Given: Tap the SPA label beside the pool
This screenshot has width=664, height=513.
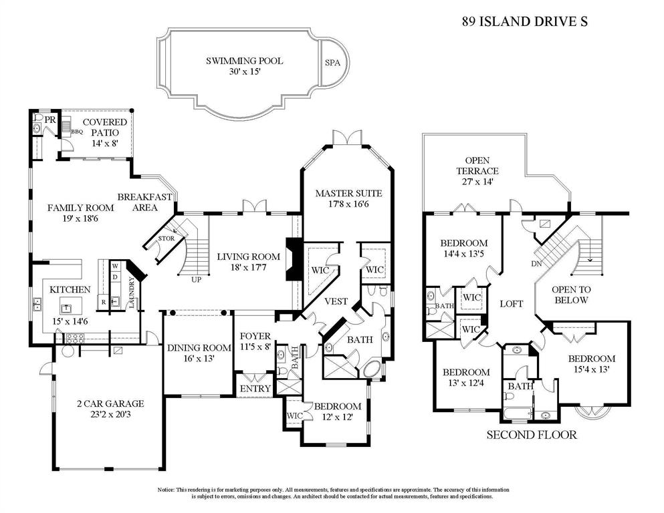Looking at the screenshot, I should (x=332, y=63).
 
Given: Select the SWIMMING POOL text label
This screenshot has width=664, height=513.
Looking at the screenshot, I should (x=244, y=61).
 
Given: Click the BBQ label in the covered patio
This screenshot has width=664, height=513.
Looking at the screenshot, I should (x=77, y=132).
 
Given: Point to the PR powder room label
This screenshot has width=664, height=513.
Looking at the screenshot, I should (x=49, y=120).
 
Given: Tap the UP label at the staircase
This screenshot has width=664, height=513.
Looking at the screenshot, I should (x=196, y=279).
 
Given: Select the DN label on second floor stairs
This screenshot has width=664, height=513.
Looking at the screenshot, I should (x=536, y=263).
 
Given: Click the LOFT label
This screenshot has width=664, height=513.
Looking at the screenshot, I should (x=511, y=303).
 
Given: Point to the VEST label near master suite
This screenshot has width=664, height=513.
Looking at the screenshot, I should (x=336, y=301).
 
